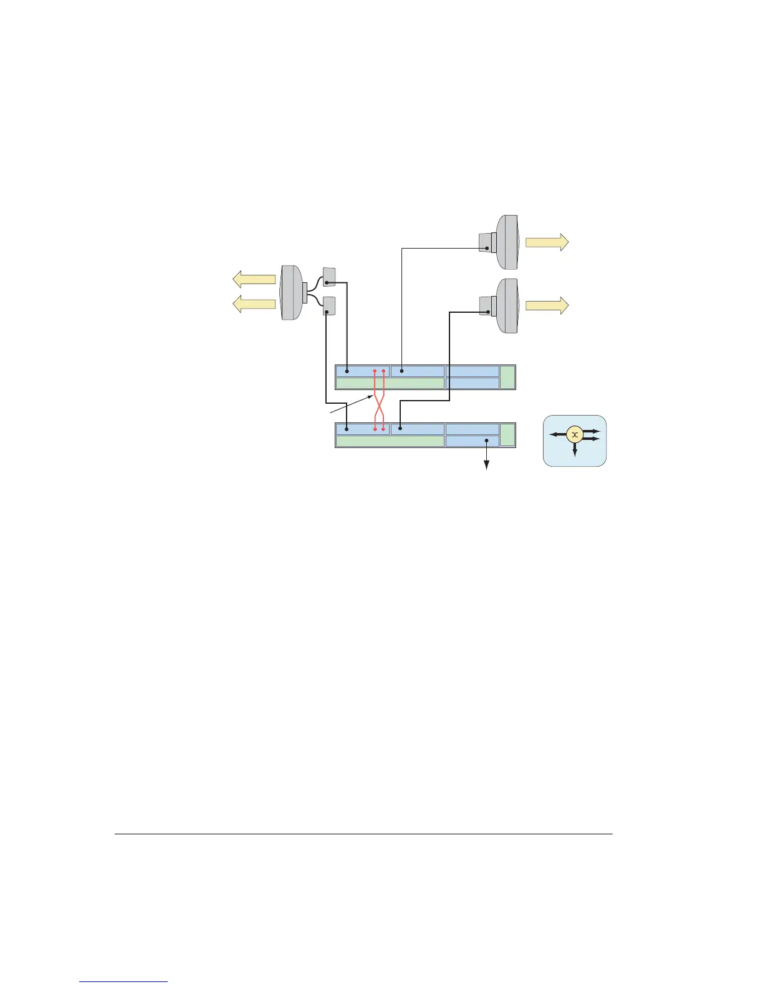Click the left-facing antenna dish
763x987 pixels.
pyautogui.click(x=291, y=292)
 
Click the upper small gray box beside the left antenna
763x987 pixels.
pyautogui.click(x=329, y=277)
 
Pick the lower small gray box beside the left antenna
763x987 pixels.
pyautogui.click(x=329, y=305)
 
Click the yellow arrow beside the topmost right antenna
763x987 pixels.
pyautogui.click(x=547, y=242)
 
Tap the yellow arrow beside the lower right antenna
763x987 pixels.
pyautogui.click(x=547, y=305)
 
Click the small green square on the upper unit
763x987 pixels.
pyautogui.click(x=507, y=378)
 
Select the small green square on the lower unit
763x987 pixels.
pyautogui.click(x=507, y=435)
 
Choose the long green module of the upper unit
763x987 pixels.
pyautogui.click(x=390, y=383)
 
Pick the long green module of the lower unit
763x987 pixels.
pyautogui.click(x=390, y=441)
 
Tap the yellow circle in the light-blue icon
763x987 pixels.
pyautogui.click(x=574, y=435)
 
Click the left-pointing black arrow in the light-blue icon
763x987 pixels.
pyautogui.click(x=557, y=435)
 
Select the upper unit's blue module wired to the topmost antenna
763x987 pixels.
pyautogui.click(x=417, y=371)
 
